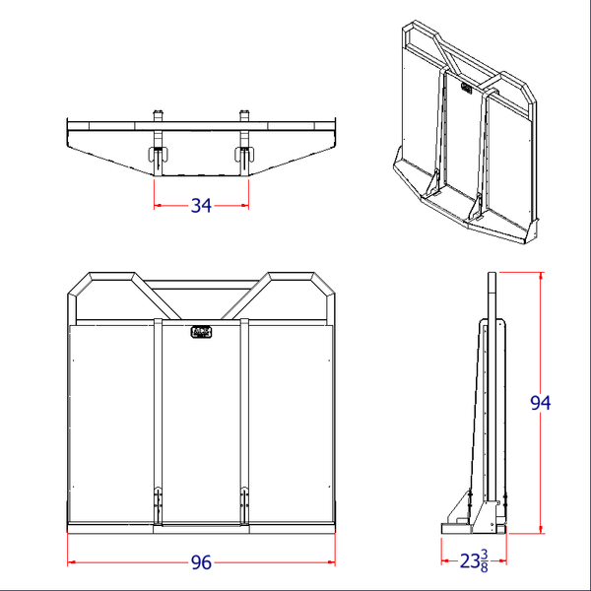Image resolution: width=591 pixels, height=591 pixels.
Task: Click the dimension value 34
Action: (201, 205)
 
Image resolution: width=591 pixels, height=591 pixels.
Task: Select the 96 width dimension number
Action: (201, 562)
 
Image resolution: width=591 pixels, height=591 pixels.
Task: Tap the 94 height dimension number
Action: (540, 402)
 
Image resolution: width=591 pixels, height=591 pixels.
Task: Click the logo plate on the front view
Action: (201, 332)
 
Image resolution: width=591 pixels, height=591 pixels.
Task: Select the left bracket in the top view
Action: (158, 153)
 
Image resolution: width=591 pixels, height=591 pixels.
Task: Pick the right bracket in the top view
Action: (244, 153)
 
